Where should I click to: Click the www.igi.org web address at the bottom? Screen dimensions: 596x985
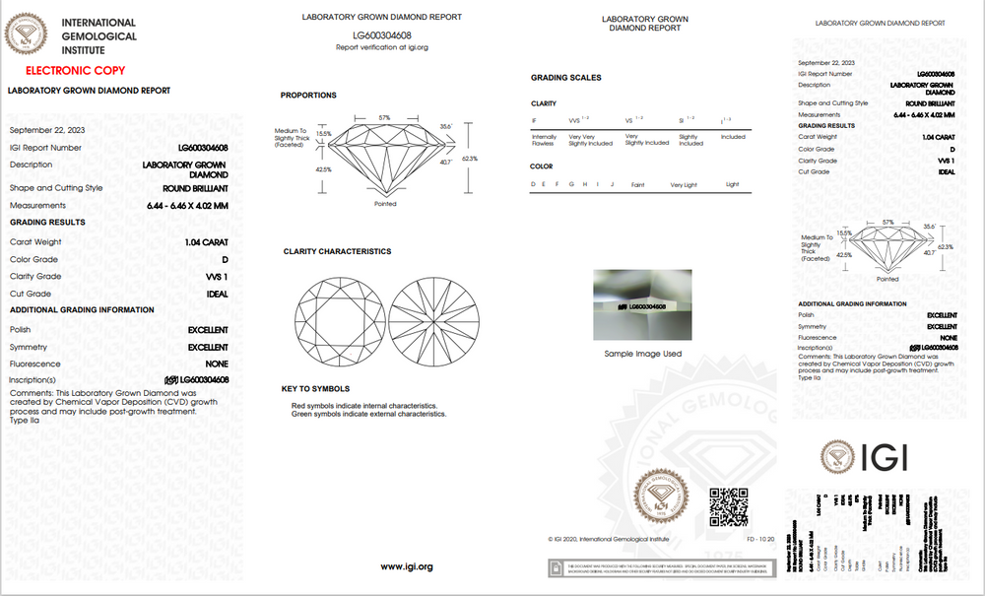coord(406,566)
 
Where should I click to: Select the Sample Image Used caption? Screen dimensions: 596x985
coord(642,353)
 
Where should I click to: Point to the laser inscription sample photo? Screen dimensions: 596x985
coord(641,304)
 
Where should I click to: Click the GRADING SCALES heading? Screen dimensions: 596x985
coord(565,77)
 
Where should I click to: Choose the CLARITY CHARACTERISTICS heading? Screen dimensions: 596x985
coord(337,251)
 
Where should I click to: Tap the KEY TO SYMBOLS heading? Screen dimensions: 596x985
coord(315,388)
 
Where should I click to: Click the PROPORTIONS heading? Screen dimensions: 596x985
coord(308,96)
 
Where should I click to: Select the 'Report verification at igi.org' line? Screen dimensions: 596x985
coord(381,46)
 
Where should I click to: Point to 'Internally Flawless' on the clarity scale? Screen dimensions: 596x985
coord(544,139)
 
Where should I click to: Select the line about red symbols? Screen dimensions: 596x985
coord(363,406)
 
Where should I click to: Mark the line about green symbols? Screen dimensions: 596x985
coord(368,414)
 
